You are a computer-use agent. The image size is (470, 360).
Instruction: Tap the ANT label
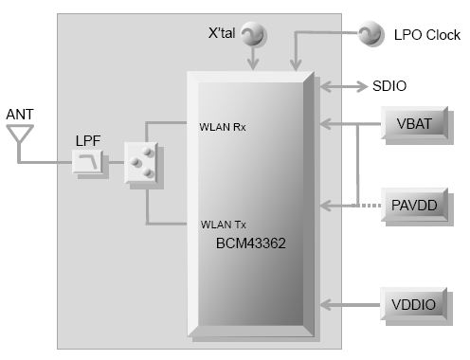click(21, 115)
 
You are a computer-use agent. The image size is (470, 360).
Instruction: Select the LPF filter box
click(89, 164)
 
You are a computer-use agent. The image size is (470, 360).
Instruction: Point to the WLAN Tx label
click(222, 225)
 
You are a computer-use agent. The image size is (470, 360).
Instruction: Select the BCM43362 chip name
click(251, 243)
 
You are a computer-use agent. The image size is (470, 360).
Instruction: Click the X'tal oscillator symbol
click(252, 36)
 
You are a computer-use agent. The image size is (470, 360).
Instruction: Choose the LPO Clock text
click(426, 35)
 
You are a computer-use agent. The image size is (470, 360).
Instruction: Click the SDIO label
click(389, 86)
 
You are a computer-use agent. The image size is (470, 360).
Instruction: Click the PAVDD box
click(415, 204)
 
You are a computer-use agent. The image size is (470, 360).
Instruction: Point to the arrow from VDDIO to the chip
click(351, 304)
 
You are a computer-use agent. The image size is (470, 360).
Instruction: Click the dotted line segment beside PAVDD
click(370, 205)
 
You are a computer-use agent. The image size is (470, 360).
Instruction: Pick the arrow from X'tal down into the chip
click(253, 59)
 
